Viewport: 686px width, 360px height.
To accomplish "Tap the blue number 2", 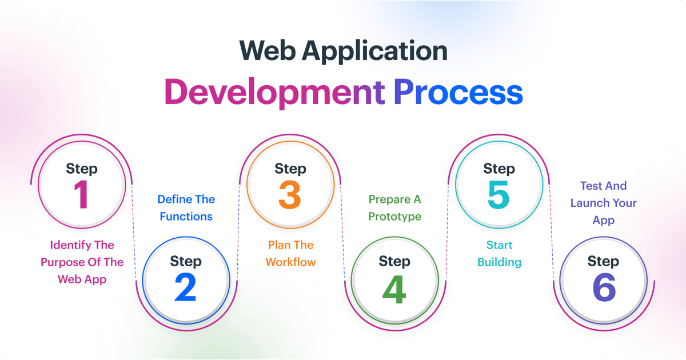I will [x=185, y=289].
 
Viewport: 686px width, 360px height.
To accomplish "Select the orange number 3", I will [x=290, y=195].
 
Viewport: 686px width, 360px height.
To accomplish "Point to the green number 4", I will [x=394, y=289].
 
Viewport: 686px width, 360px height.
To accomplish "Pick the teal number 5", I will [x=498, y=195].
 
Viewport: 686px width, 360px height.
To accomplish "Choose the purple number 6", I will [x=603, y=289].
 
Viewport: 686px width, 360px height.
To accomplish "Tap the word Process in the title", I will [x=458, y=93].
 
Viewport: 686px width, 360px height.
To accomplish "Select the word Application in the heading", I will [x=374, y=51].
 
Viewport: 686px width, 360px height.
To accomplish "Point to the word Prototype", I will [x=394, y=217].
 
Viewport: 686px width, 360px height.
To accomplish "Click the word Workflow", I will [x=290, y=262].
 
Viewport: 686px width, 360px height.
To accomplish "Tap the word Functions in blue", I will [x=186, y=217].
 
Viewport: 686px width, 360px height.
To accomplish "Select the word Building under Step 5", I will [x=499, y=262].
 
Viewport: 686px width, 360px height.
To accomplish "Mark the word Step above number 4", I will [x=394, y=261].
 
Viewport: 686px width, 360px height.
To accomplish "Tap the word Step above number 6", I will [x=603, y=261].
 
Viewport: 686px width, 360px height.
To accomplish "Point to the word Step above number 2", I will [x=185, y=261].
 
